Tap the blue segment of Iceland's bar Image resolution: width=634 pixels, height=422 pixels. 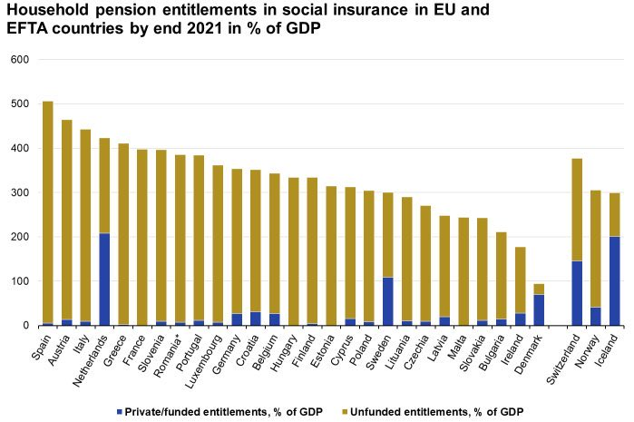[x=614, y=280]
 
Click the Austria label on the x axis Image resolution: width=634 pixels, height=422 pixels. [x=60, y=345]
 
